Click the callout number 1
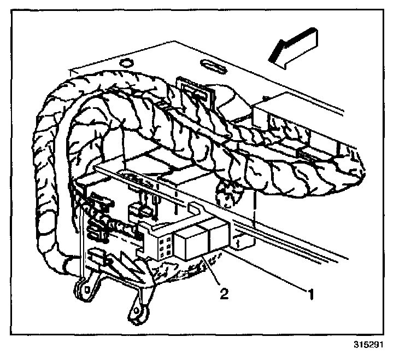pyautogui.click(x=311, y=295)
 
